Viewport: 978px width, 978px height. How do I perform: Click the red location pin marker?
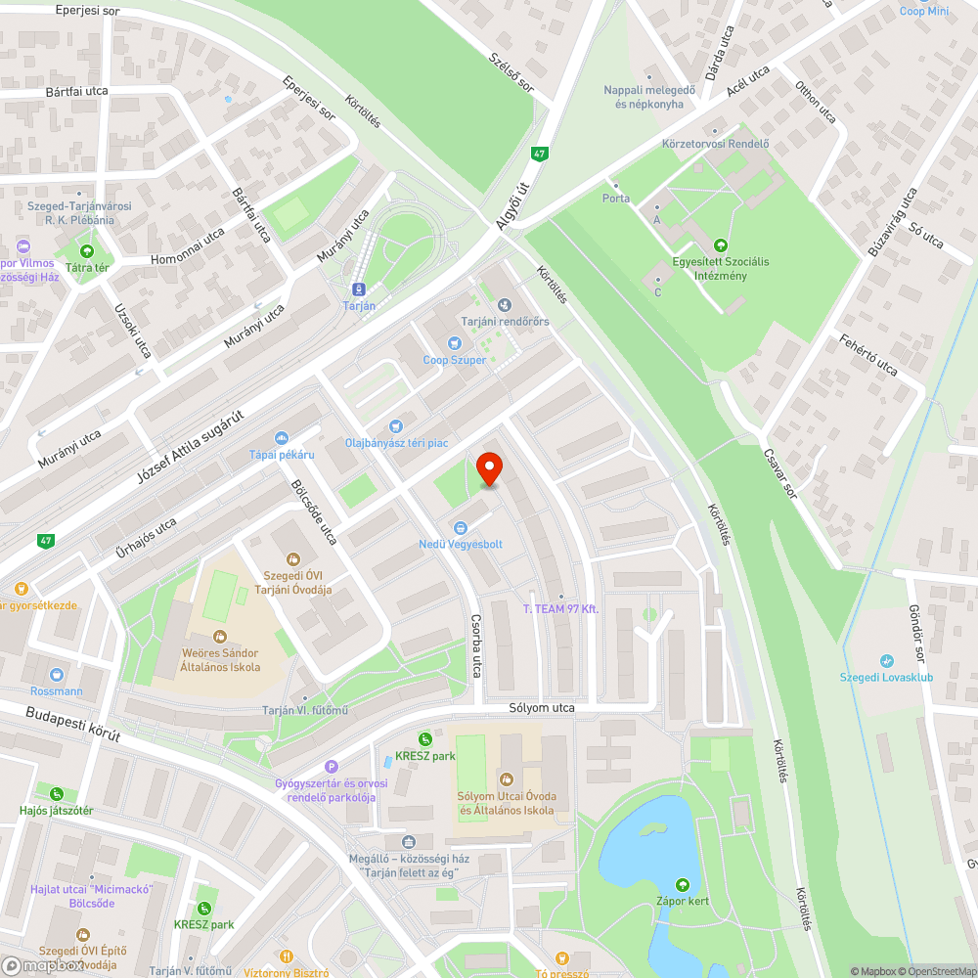[x=489, y=470]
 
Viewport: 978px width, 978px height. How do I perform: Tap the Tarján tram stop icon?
[x=359, y=289]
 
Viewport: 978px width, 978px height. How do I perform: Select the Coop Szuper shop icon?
[x=454, y=343]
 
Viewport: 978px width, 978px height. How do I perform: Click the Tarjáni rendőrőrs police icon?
[x=505, y=305]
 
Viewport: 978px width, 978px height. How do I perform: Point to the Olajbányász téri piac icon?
[x=395, y=425]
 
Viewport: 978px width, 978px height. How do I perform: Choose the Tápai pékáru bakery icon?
[x=282, y=438]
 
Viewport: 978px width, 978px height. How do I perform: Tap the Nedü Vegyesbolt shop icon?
[x=460, y=528]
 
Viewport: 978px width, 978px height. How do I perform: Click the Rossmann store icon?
[x=57, y=675]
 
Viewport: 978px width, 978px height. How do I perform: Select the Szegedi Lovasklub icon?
[x=886, y=661]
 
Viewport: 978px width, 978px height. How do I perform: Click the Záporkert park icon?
[x=683, y=884]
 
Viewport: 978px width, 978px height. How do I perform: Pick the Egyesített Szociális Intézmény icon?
[x=721, y=245]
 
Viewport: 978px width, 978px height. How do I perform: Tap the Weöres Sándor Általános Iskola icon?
[x=220, y=637]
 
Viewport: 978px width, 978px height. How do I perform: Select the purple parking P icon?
[x=332, y=768]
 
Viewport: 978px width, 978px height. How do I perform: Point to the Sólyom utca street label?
[x=542, y=707]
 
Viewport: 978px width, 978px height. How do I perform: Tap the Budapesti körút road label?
[x=73, y=724]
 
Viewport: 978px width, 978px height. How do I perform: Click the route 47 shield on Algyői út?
[x=539, y=154]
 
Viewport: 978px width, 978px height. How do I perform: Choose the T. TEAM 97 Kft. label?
[x=559, y=609]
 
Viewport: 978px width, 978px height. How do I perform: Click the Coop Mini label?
[x=924, y=12]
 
